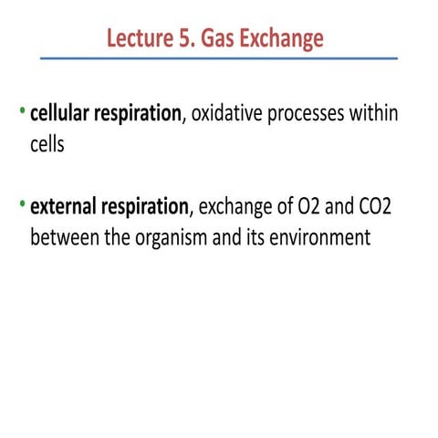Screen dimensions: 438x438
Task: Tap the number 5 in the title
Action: [179, 38]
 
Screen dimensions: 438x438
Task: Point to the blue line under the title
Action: [219, 58]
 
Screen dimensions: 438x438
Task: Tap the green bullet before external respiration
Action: [23, 204]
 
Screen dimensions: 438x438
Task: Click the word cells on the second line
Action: [47, 145]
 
